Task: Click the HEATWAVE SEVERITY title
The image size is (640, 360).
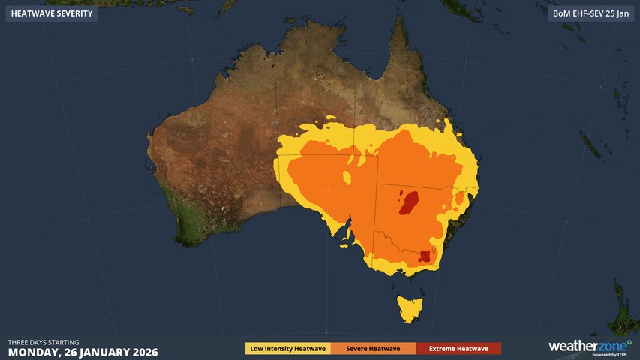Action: click(x=52, y=13)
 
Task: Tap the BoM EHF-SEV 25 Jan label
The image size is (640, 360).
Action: click(x=590, y=13)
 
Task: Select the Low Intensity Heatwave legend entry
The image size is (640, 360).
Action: click(x=288, y=348)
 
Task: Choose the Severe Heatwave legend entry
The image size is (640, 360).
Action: click(x=373, y=348)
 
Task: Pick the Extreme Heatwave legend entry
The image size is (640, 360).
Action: click(x=458, y=348)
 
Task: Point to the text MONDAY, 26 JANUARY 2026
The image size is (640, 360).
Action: click(x=83, y=351)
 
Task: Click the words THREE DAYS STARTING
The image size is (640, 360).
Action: click(x=44, y=341)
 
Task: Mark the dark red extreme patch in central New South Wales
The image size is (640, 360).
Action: click(x=409, y=202)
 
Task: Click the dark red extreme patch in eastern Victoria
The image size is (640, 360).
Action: click(x=426, y=255)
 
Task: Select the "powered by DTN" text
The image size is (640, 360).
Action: click(x=611, y=355)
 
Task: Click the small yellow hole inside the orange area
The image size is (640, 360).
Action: click(x=347, y=177)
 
